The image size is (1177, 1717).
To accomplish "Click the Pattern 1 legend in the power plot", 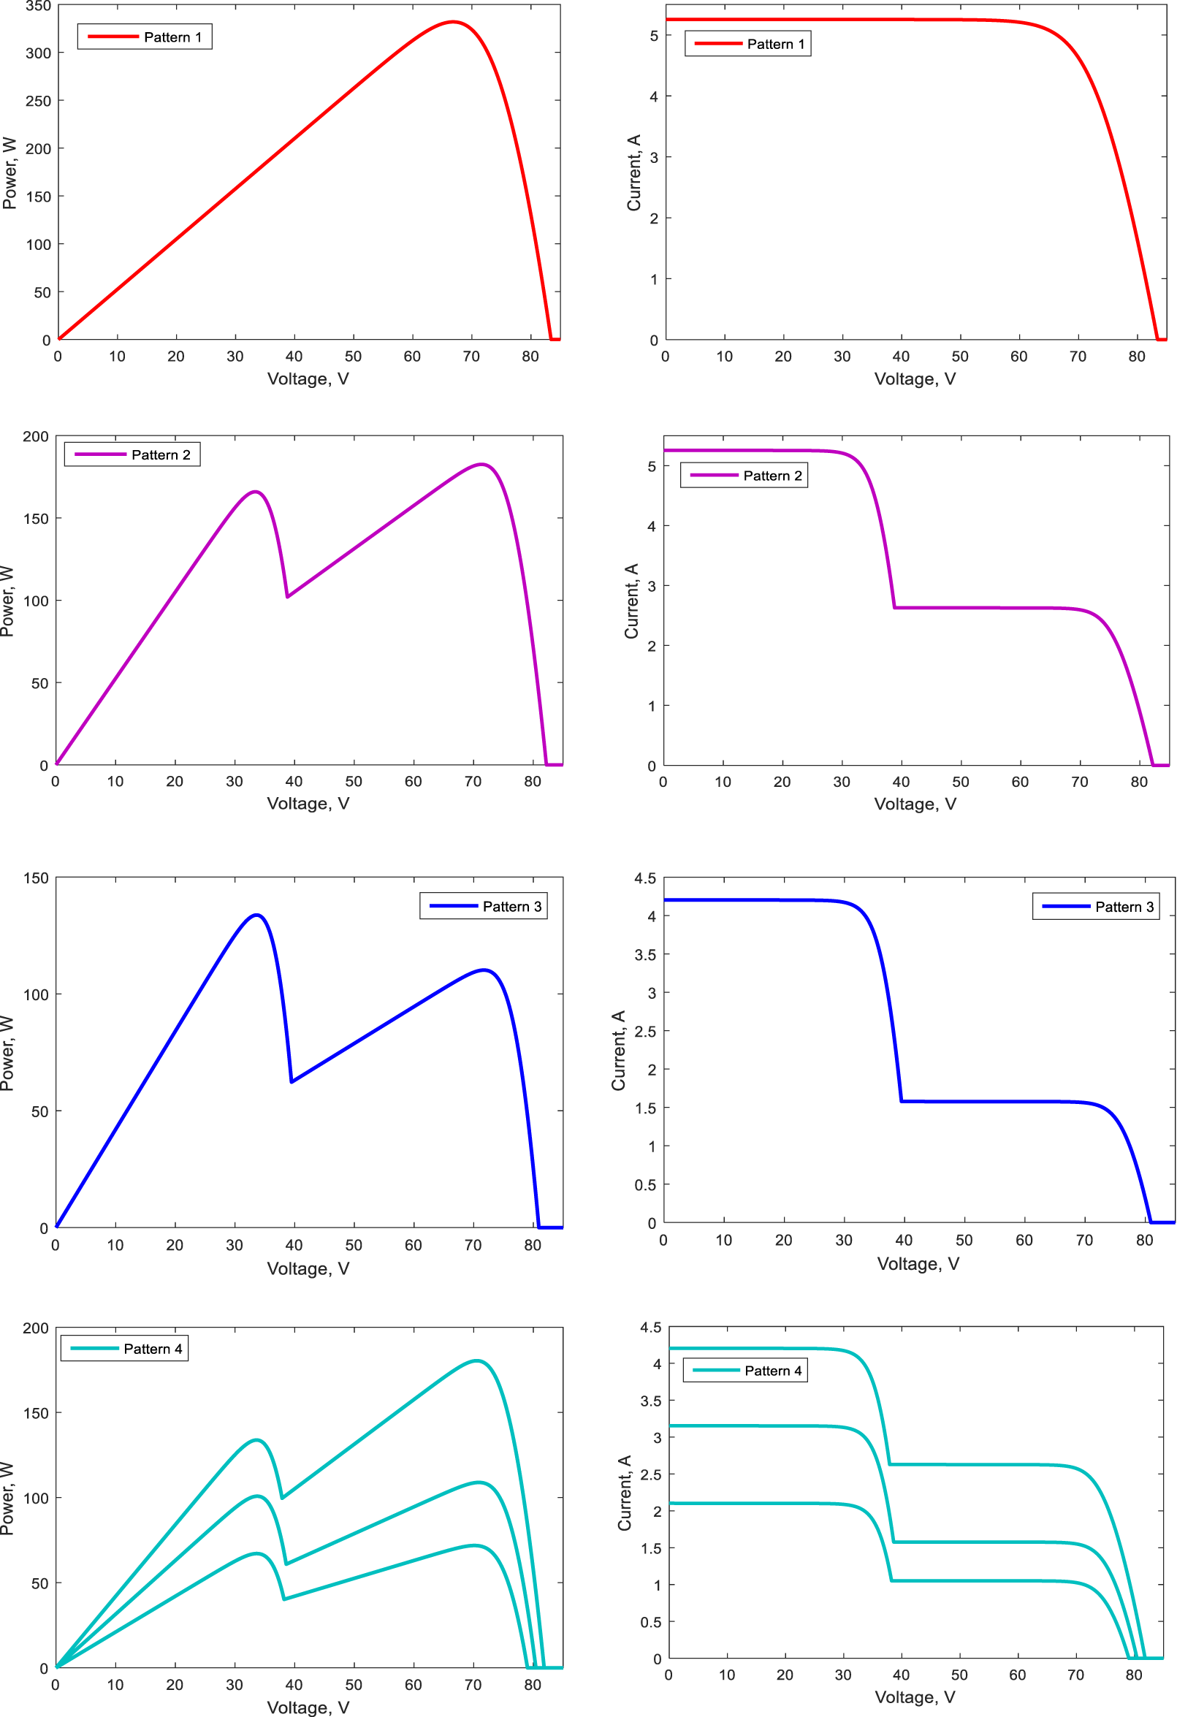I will point(145,37).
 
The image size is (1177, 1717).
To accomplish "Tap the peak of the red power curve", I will point(453,22).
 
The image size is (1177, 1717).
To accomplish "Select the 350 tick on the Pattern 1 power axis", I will point(38,7).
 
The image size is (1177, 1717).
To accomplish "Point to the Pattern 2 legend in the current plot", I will point(743,476).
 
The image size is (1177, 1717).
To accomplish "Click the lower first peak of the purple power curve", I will point(256,491).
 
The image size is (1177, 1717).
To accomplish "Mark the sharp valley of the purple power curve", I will point(287,596).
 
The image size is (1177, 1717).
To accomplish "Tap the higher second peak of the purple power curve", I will point(481,465).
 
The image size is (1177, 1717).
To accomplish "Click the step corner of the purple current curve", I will point(895,607).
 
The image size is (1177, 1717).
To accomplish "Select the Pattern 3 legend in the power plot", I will point(483,906).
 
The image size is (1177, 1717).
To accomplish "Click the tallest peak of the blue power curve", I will point(256,915).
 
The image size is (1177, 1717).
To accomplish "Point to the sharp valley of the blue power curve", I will point(292,1081).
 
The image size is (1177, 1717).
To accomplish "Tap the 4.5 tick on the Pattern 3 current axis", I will point(644,877).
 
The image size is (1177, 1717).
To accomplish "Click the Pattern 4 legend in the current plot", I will point(744,1371).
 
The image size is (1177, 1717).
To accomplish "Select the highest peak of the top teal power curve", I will point(476,1360).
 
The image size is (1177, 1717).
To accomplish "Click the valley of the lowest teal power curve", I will point(283,1599).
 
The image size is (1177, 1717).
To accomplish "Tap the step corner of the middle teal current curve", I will point(894,1542).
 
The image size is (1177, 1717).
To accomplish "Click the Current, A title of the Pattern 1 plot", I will point(633,172).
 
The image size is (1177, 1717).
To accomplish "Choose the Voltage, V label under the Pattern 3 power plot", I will point(308,1268).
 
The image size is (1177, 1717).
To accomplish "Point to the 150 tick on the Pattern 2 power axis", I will point(37,519).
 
